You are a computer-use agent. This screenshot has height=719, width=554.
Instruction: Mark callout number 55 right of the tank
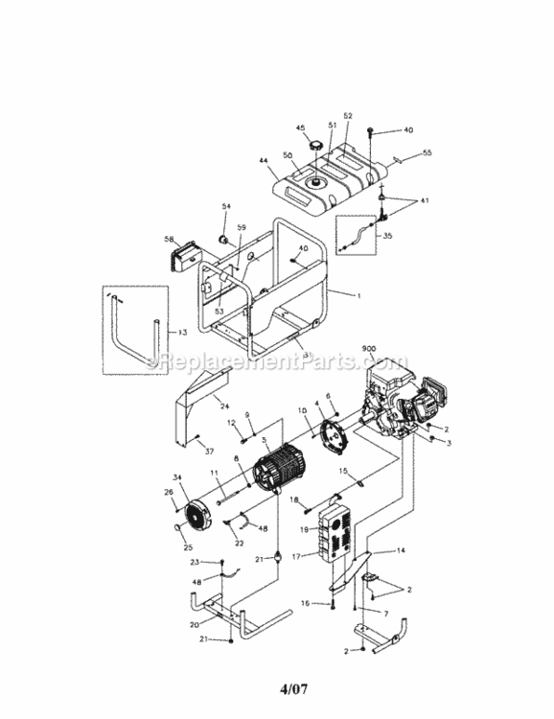[x=427, y=152]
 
